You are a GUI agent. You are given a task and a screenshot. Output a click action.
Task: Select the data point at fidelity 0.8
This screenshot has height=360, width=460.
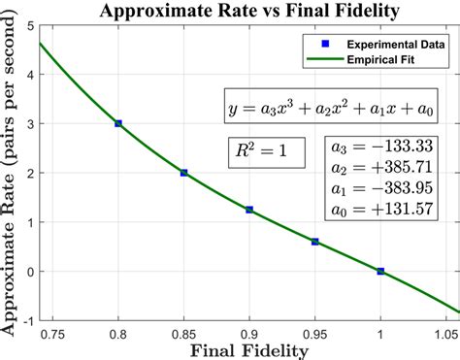coord(118,123)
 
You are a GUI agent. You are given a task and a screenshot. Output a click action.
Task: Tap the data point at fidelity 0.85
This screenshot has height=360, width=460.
coord(184,173)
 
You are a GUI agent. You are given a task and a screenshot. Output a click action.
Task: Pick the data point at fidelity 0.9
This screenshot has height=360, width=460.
coord(249,210)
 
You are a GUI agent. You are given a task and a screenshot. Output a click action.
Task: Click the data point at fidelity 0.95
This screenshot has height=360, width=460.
coord(315,242)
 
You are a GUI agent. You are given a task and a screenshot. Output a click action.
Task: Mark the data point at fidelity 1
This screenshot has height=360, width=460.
coord(380,271)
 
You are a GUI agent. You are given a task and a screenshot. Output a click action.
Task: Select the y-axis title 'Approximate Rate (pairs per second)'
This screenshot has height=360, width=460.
coord(12,176)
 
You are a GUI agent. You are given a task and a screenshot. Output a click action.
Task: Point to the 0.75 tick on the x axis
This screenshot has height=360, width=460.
coord(51,333)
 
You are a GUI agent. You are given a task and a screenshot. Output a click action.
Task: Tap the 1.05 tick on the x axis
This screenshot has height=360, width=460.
coord(445,333)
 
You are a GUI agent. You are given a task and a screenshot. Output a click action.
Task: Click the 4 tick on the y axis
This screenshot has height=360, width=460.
coord(32,74)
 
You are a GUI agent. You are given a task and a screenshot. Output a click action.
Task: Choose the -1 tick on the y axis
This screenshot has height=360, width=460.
coord(29,320)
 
